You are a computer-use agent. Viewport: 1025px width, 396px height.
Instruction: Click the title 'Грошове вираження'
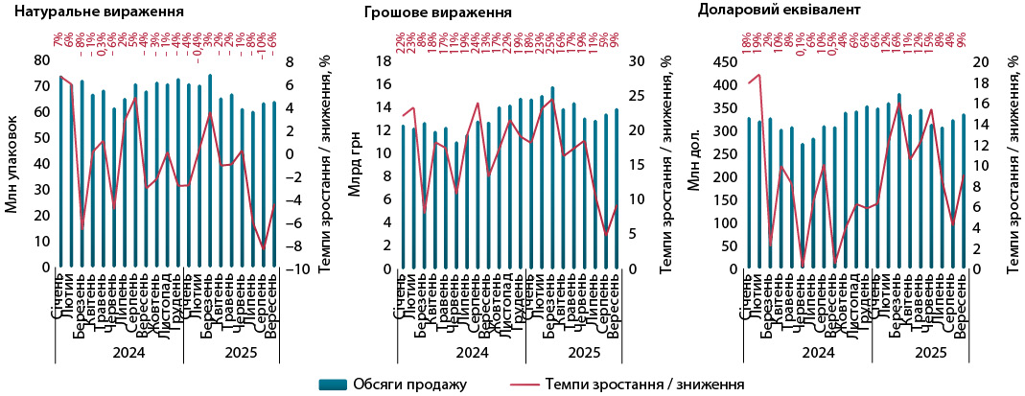437,13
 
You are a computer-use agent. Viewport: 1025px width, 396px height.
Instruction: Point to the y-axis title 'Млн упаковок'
12,164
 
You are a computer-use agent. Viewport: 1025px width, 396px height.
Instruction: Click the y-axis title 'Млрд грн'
355,164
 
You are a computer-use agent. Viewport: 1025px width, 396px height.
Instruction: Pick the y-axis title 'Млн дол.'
697,164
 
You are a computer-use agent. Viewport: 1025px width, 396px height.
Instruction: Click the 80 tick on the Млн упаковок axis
41,60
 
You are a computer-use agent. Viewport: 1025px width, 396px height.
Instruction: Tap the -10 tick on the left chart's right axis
299,268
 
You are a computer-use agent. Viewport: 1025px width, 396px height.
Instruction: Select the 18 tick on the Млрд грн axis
384,60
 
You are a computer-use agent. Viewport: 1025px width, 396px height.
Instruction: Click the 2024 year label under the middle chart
472,353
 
